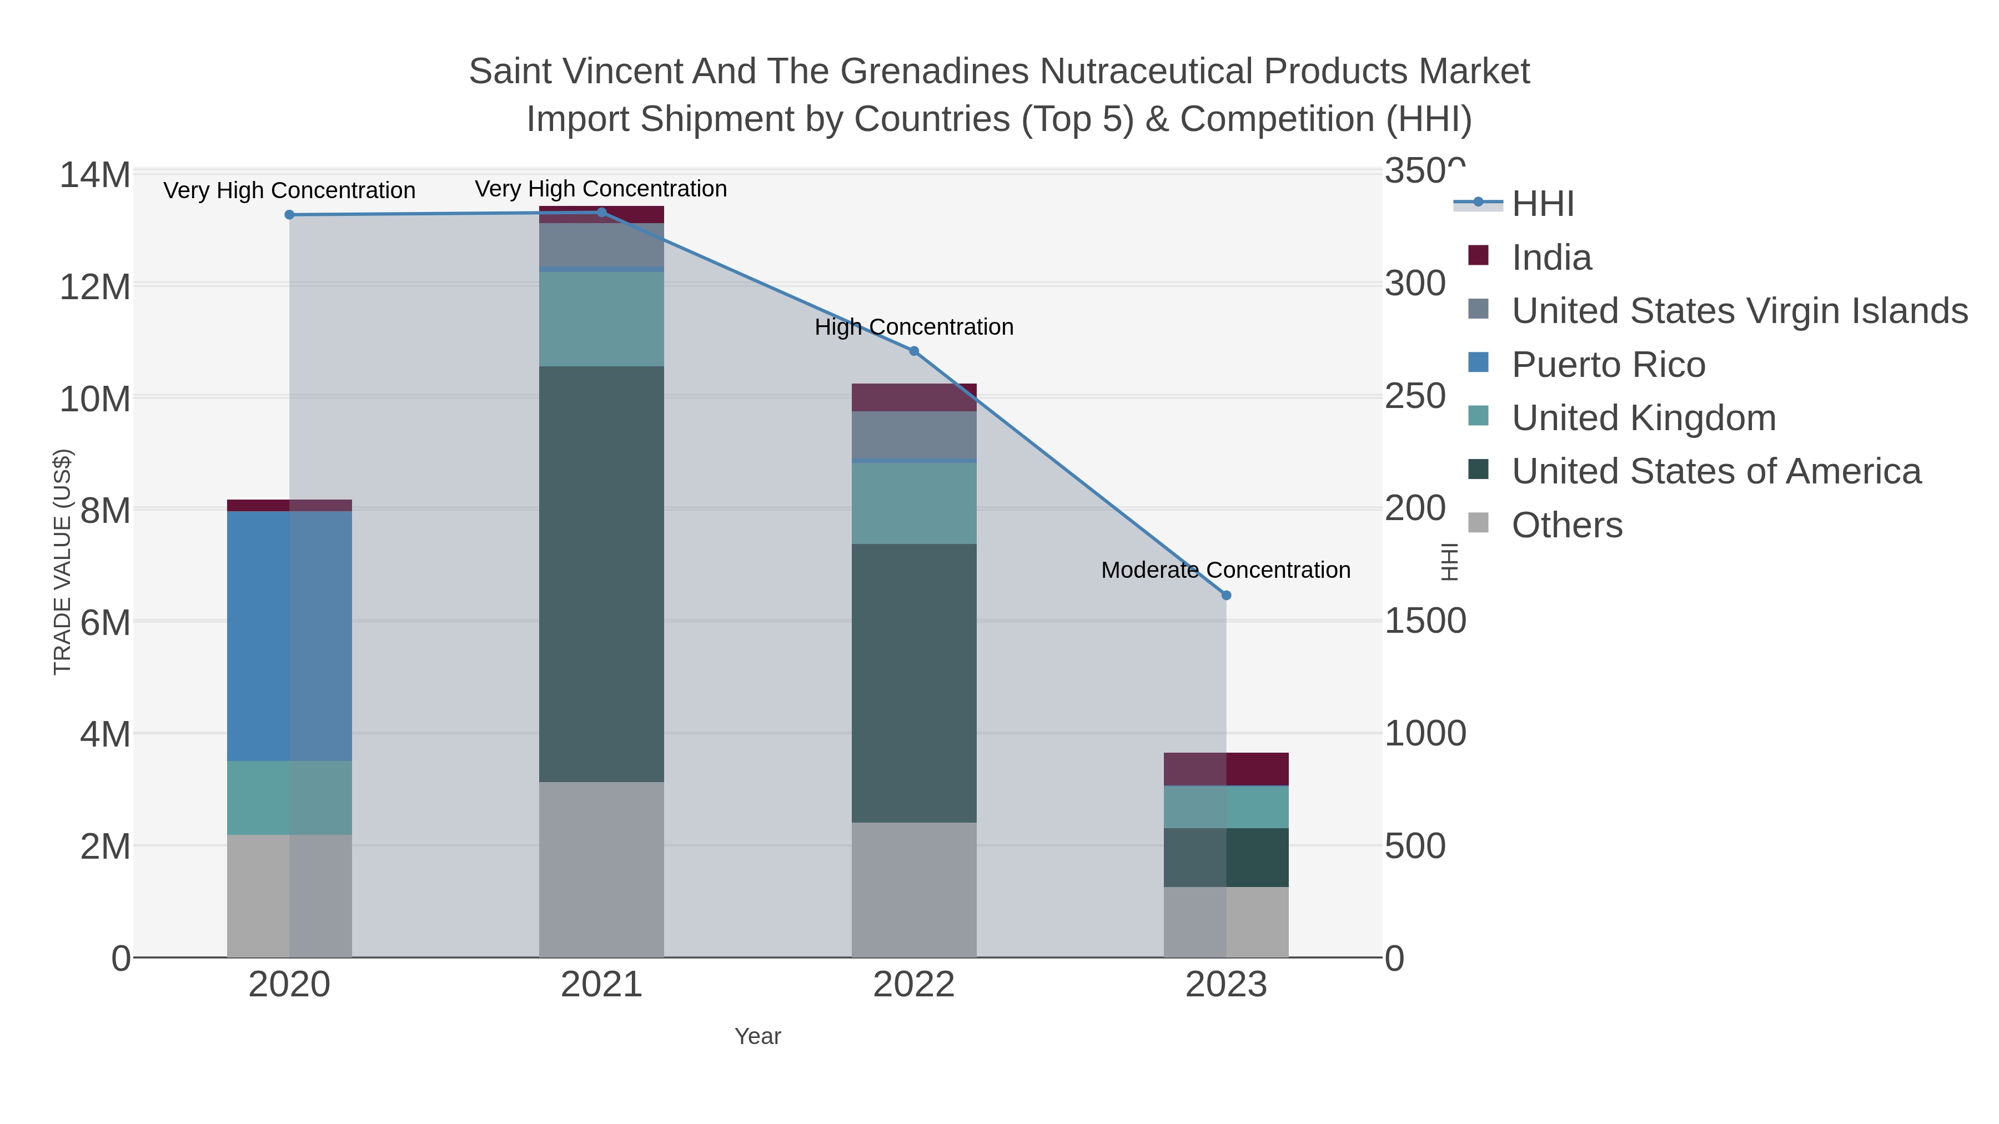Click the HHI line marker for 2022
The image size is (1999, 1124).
tap(913, 351)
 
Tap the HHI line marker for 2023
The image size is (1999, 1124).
tap(1226, 596)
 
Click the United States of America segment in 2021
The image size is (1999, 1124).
tap(601, 574)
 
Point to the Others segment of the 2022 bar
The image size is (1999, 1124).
tap(913, 890)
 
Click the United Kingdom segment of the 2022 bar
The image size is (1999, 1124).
tap(913, 503)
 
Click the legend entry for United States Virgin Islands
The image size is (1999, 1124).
tap(1738, 311)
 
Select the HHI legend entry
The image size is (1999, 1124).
tap(1542, 204)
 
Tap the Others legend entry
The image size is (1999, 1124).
tap(1566, 525)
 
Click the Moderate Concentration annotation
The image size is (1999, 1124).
tap(1225, 570)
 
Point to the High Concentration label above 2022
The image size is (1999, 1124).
tap(913, 327)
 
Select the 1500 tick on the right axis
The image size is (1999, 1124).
tap(1425, 621)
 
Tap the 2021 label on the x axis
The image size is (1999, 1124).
tap(601, 985)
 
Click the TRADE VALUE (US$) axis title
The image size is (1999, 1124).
tap(62, 562)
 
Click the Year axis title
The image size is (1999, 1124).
tap(757, 1036)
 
